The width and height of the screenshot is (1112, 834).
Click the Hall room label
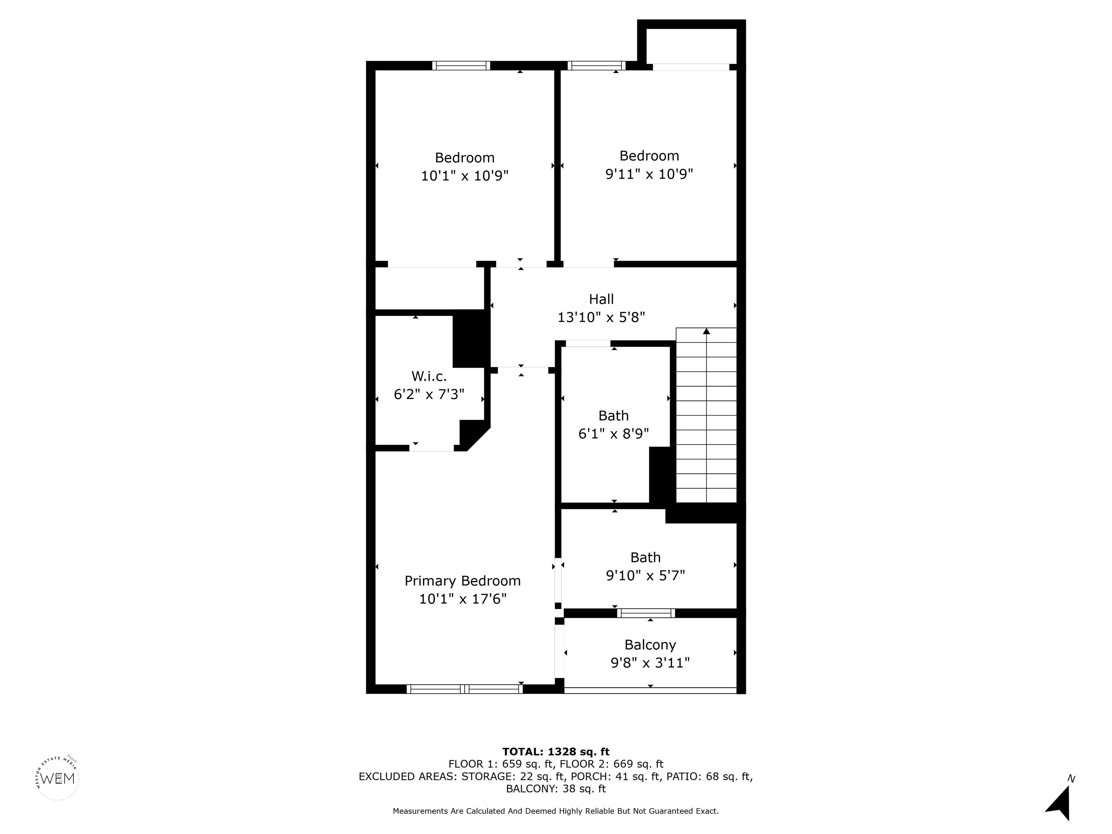point(601,299)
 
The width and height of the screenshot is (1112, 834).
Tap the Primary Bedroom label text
point(463,581)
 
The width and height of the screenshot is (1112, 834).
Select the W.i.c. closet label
point(429,376)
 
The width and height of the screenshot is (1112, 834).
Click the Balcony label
point(650,645)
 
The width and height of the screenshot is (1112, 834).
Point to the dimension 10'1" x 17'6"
point(463,599)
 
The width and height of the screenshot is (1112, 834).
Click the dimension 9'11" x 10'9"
point(649,174)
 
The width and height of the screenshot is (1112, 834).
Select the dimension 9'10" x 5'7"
point(645,575)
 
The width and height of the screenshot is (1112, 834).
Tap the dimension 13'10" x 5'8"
point(601,317)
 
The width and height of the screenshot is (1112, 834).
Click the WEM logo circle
point(58,779)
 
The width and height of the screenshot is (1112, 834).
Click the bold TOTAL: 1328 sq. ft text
point(556,751)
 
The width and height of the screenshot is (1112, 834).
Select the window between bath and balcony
point(646,613)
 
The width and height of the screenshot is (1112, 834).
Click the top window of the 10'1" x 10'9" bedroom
point(461,66)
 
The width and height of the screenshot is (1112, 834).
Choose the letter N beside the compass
point(1071,779)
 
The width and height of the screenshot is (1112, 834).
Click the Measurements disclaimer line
point(556,811)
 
